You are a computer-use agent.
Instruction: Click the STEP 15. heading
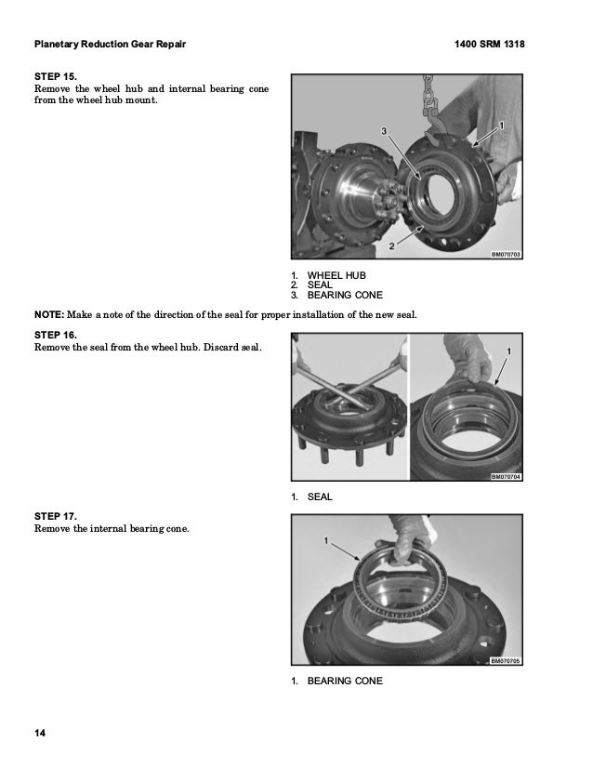(x=56, y=77)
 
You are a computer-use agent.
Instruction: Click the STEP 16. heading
(x=56, y=336)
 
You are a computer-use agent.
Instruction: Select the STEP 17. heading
(x=56, y=517)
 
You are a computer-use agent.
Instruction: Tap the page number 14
(x=40, y=733)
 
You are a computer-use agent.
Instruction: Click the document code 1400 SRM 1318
(x=489, y=44)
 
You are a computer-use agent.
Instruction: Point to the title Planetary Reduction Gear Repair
(x=111, y=44)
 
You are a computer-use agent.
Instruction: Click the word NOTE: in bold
(x=49, y=315)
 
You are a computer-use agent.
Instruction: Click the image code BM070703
(x=506, y=255)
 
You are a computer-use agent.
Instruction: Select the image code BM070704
(x=506, y=477)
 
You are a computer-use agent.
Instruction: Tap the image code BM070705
(x=506, y=661)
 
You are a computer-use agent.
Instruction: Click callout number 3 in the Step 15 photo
(x=384, y=131)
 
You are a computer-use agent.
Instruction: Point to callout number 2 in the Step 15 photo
(x=391, y=246)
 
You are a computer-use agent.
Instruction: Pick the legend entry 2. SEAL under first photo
(x=311, y=285)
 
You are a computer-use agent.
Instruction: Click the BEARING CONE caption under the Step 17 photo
(x=345, y=682)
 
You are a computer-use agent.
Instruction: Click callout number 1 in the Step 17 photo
(x=326, y=541)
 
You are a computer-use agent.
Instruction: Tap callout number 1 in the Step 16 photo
(x=508, y=351)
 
